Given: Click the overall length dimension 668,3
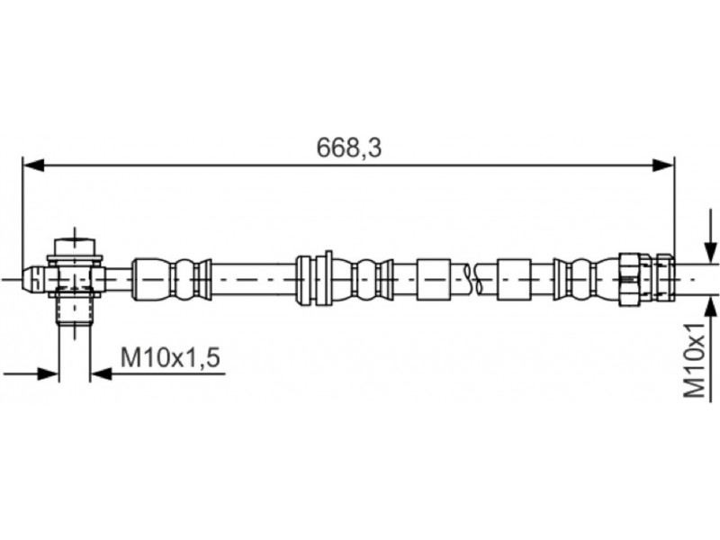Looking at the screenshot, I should (349, 147).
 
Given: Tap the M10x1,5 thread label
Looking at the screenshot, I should (171, 357).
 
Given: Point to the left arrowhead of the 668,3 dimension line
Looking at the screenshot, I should (33, 165).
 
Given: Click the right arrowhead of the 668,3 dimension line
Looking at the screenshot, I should (663, 165).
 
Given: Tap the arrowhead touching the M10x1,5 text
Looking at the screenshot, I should (102, 373).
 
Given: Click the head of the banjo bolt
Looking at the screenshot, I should (75, 246).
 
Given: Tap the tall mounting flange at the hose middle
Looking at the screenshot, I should (328, 278).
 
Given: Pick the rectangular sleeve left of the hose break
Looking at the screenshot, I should (433, 278).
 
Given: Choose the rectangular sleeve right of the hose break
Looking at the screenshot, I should (515, 278).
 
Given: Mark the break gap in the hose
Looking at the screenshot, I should (474, 278).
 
